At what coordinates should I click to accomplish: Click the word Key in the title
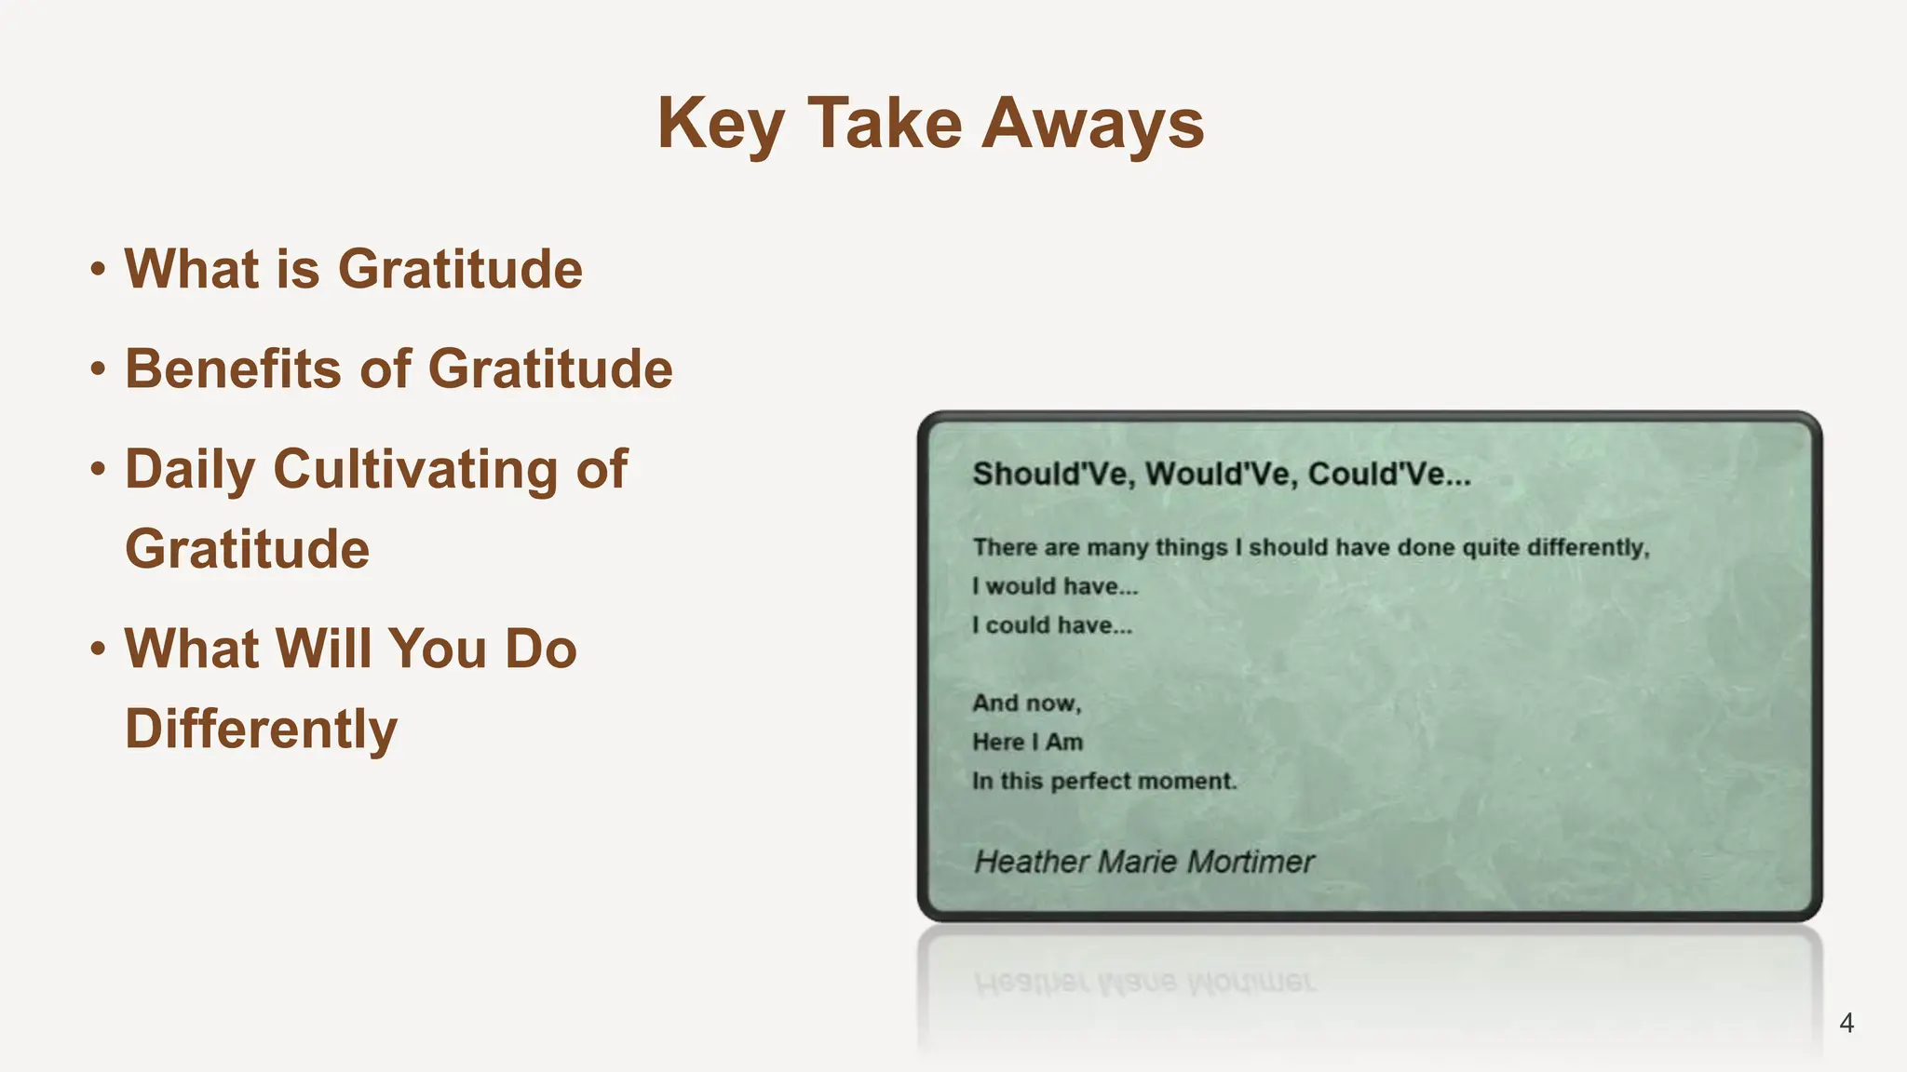tap(721, 124)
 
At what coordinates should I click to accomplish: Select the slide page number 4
tap(1846, 1023)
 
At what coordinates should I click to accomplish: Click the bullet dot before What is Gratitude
tap(98, 270)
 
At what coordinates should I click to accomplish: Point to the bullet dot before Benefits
tap(98, 369)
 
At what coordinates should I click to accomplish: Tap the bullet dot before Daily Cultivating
tap(98, 469)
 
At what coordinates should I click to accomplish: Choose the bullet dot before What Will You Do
tap(98, 649)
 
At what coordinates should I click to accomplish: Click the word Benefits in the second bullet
tap(233, 368)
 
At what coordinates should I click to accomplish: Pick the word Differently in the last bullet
tap(261, 729)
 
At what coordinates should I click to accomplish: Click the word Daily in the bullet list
tap(190, 470)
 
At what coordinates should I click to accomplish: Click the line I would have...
tap(1055, 586)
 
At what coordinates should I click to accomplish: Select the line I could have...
tap(1052, 625)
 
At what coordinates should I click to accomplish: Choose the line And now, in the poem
tap(1027, 703)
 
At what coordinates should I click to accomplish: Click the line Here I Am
tap(1028, 743)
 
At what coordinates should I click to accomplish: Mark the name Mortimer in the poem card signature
tap(1251, 863)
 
